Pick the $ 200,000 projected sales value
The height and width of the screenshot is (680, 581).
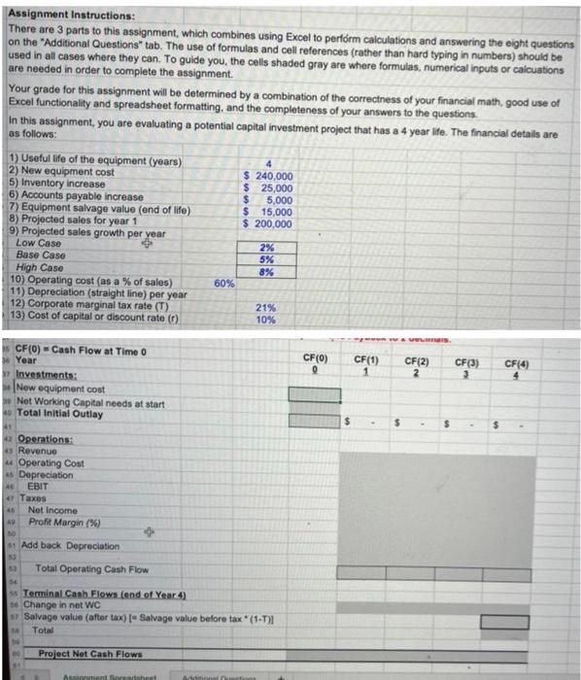tap(266, 223)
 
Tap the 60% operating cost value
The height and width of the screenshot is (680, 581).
tap(223, 284)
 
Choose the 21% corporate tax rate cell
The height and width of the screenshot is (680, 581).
tap(265, 308)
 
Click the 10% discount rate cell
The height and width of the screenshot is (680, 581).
tap(265, 320)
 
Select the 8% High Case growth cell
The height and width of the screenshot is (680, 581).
tap(265, 272)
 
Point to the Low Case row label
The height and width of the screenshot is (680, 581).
tap(39, 244)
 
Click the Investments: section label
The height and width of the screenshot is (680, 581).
tap(47, 374)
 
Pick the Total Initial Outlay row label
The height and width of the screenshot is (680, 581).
tap(60, 413)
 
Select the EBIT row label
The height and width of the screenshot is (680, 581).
tap(40, 486)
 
